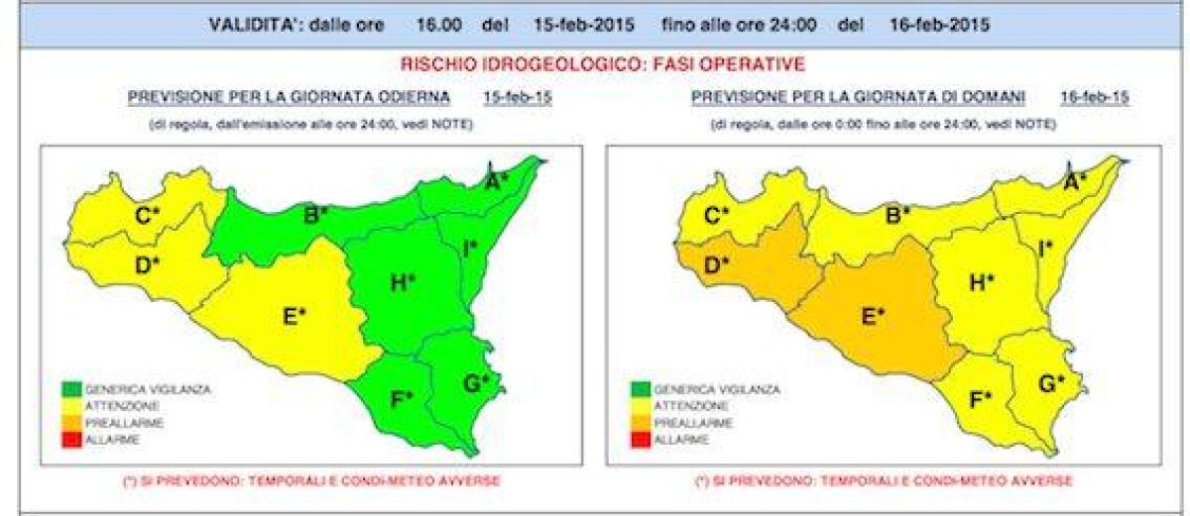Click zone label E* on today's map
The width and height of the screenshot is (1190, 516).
pos(295,316)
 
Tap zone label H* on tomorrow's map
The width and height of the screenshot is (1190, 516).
pos(981,282)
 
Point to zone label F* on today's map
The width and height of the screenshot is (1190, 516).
pos(402,400)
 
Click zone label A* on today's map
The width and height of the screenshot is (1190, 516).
pos(496,180)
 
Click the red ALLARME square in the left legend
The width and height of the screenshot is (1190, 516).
pos(69,438)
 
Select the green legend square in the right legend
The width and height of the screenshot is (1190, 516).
pos(640,389)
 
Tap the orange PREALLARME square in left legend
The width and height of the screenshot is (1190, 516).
pos(69,422)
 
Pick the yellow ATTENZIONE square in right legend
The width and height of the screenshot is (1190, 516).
pos(640,406)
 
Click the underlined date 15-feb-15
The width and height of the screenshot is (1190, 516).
pos(517,97)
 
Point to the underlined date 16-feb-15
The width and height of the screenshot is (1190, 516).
pos(1094,97)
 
